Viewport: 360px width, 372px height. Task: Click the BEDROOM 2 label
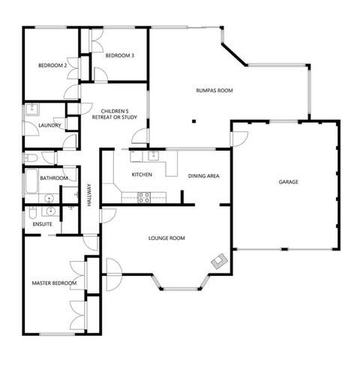[52, 65]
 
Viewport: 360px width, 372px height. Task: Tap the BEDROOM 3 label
[119, 55]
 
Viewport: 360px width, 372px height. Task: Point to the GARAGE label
[289, 182]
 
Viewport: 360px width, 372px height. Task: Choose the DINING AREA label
[203, 175]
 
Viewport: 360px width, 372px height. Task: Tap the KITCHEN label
[142, 174]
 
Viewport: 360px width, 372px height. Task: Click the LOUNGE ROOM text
[166, 238]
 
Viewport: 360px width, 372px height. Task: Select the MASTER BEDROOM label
[54, 283]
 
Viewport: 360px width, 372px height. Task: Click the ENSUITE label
[42, 224]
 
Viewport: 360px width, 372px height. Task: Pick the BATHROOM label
[55, 178]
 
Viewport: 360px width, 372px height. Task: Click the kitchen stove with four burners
[143, 197]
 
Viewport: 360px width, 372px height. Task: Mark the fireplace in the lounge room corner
[219, 261]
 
